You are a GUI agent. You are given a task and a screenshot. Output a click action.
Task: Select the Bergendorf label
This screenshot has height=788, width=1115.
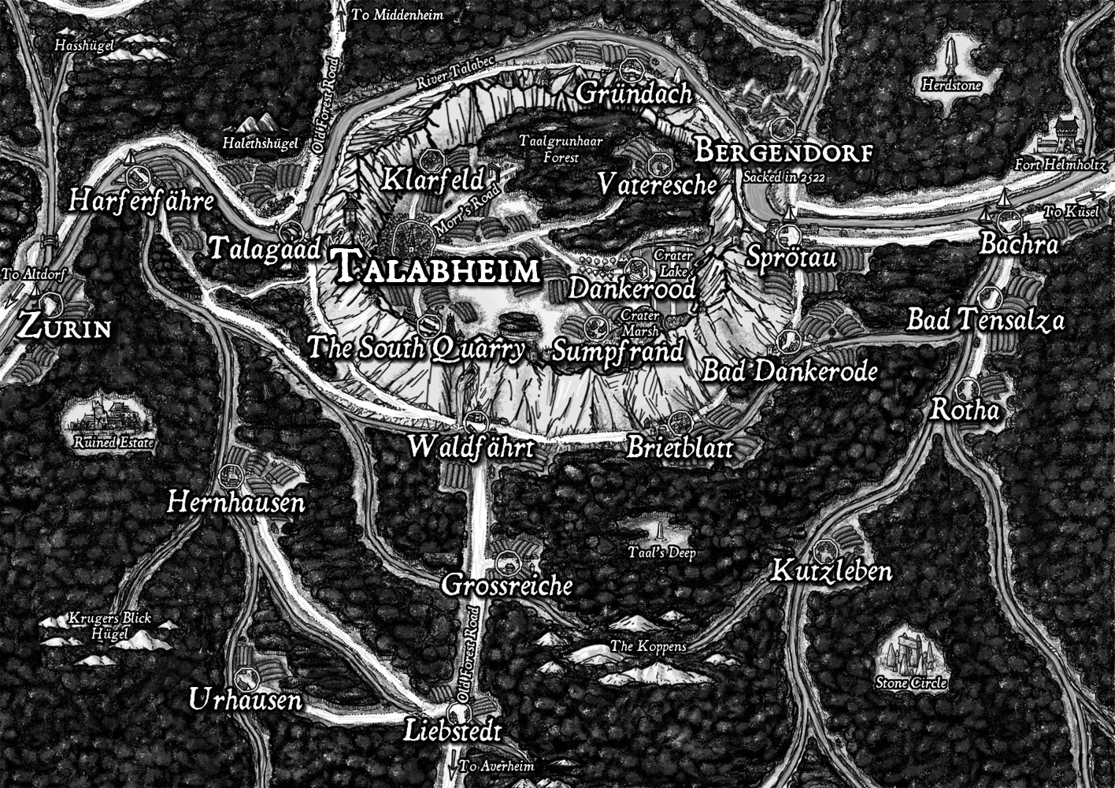click(x=783, y=151)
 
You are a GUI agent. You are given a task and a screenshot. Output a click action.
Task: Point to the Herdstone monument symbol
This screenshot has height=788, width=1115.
click(x=951, y=57)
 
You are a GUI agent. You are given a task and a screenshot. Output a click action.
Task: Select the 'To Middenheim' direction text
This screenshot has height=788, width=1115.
click(x=397, y=15)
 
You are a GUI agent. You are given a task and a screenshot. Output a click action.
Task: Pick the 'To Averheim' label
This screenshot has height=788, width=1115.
click(x=496, y=766)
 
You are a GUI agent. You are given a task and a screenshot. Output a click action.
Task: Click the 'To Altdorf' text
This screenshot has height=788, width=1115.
click(x=33, y=274)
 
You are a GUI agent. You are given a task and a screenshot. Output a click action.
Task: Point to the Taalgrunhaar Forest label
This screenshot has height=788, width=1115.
click(x=550, y=149)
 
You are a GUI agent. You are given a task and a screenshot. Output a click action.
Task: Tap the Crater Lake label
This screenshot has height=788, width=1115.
click(x=673, y=263)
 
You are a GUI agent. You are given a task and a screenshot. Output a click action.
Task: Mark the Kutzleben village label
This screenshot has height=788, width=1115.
click(x=831, y=571)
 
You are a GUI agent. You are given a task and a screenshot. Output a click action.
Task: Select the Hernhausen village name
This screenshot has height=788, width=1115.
click(x=235, y=502)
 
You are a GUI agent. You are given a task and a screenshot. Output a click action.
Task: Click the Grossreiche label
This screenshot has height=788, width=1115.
click(x=506, y=585)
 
